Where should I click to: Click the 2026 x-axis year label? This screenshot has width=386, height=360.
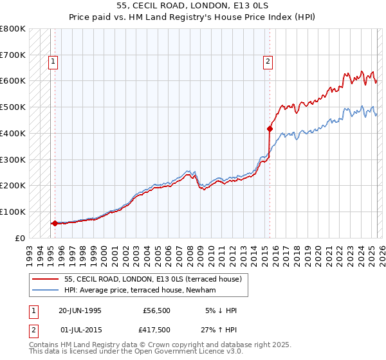380,251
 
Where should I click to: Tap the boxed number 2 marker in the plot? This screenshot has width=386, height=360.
268,62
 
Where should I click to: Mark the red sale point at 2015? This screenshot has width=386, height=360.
270,129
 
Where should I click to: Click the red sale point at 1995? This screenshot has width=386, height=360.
55,223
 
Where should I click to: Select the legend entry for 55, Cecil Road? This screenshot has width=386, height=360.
152,279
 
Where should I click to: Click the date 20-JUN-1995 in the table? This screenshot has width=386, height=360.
80,310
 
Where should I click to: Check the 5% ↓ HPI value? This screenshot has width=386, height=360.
221,310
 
